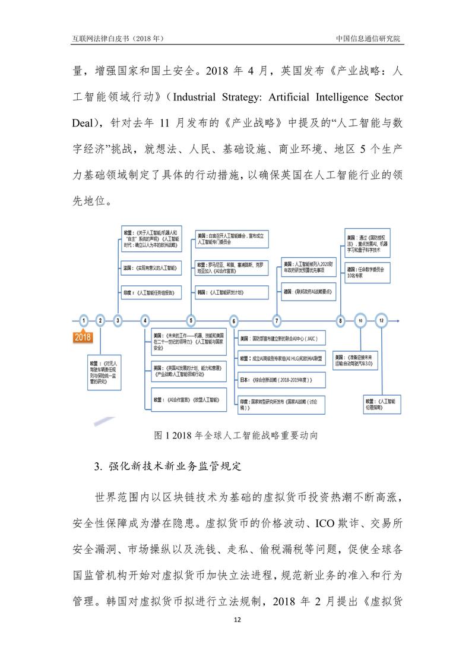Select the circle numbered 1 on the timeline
[84, 321]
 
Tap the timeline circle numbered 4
[145, 321]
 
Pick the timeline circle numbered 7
[277, 321]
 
